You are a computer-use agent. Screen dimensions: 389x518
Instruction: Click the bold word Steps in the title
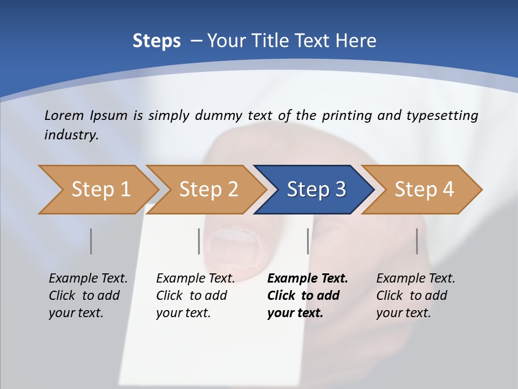click(156, 41)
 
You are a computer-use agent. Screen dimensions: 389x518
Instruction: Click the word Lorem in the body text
click(64, 116)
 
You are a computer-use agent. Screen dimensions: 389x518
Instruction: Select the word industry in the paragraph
click(71, 135)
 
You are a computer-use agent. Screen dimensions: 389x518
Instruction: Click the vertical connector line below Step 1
click(91, 241)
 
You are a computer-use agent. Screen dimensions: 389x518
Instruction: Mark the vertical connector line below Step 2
click(199, 241)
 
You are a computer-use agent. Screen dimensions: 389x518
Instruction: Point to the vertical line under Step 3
click(308, 241)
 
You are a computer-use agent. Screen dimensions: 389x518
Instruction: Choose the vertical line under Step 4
click(417, 241)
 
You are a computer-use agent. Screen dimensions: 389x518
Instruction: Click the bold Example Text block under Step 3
click(306, 296)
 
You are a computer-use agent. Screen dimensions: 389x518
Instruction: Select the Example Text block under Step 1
click(87, 296)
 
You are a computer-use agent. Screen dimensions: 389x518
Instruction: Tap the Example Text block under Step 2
click(195, 296)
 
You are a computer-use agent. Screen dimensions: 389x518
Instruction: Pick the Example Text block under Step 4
click(415, 296)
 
